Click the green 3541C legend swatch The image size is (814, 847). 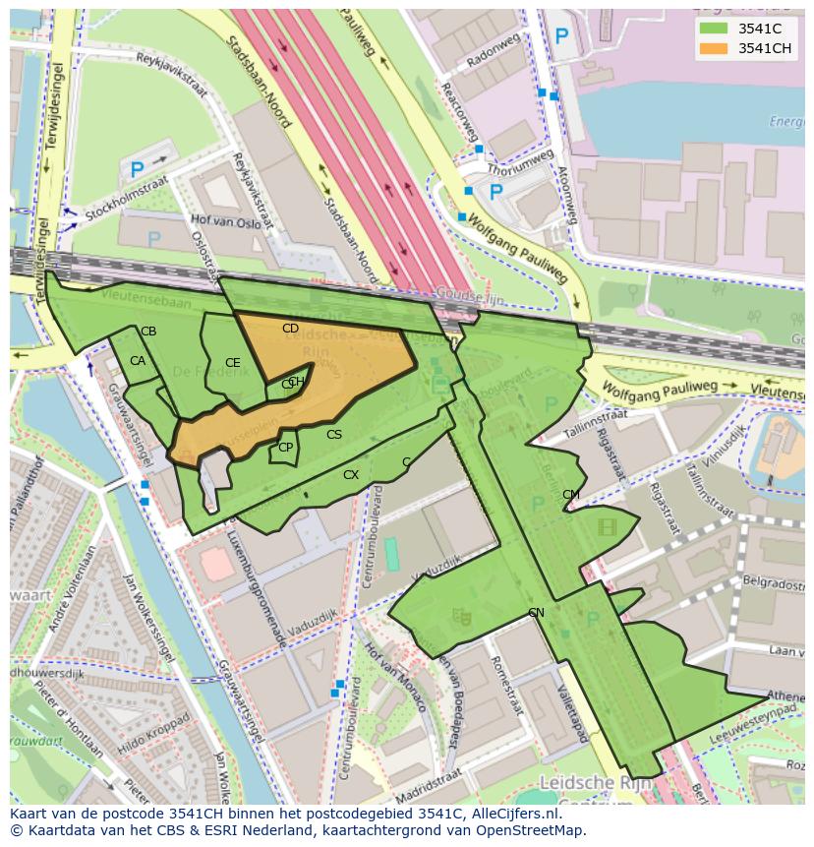[x=713, y=28]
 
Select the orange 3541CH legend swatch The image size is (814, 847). [x=713, y=47]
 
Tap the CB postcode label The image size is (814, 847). [x=148, y=332]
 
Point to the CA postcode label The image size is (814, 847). [x=138, y=361]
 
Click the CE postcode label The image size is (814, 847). [x=232, y=363]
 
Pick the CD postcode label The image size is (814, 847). [x=290, y=329]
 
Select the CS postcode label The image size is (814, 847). [x=334, y=435]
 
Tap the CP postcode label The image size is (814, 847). [x=285, y=448]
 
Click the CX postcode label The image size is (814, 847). [x=351, y=475]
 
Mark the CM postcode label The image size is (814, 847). [x=570, y=495]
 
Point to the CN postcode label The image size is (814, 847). [x=536, y=613]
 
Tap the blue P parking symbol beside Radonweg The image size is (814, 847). [x=561, y=37]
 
